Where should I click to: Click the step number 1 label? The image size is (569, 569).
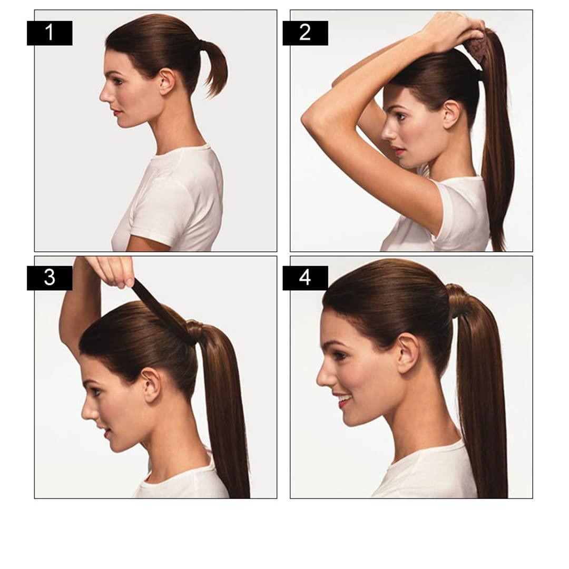[x=50, y=33]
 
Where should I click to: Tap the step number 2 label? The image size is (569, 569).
[x=305, y=33]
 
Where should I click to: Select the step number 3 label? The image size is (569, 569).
[x=50, y=278]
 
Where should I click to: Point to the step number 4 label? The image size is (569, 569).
[x=305, y=278]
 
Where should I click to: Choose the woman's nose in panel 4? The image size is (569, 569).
[x=323, y=375]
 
